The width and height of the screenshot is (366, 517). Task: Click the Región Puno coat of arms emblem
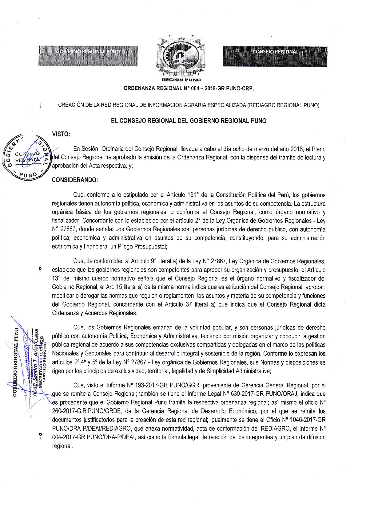(181, 57)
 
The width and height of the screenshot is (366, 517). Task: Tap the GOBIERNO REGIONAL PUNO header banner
(88, 56)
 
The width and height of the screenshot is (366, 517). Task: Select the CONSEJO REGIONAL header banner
(275, 56)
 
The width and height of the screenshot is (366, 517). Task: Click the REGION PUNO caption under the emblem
(181, 80)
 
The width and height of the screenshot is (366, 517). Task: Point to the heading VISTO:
(61, 134)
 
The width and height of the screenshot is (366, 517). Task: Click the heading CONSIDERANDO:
(75, 180)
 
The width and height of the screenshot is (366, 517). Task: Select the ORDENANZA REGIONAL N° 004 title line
(189, 88)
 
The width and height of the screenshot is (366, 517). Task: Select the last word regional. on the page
(62, 446)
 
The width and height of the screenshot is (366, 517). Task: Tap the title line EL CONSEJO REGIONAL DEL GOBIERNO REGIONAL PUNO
(189, 121)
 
